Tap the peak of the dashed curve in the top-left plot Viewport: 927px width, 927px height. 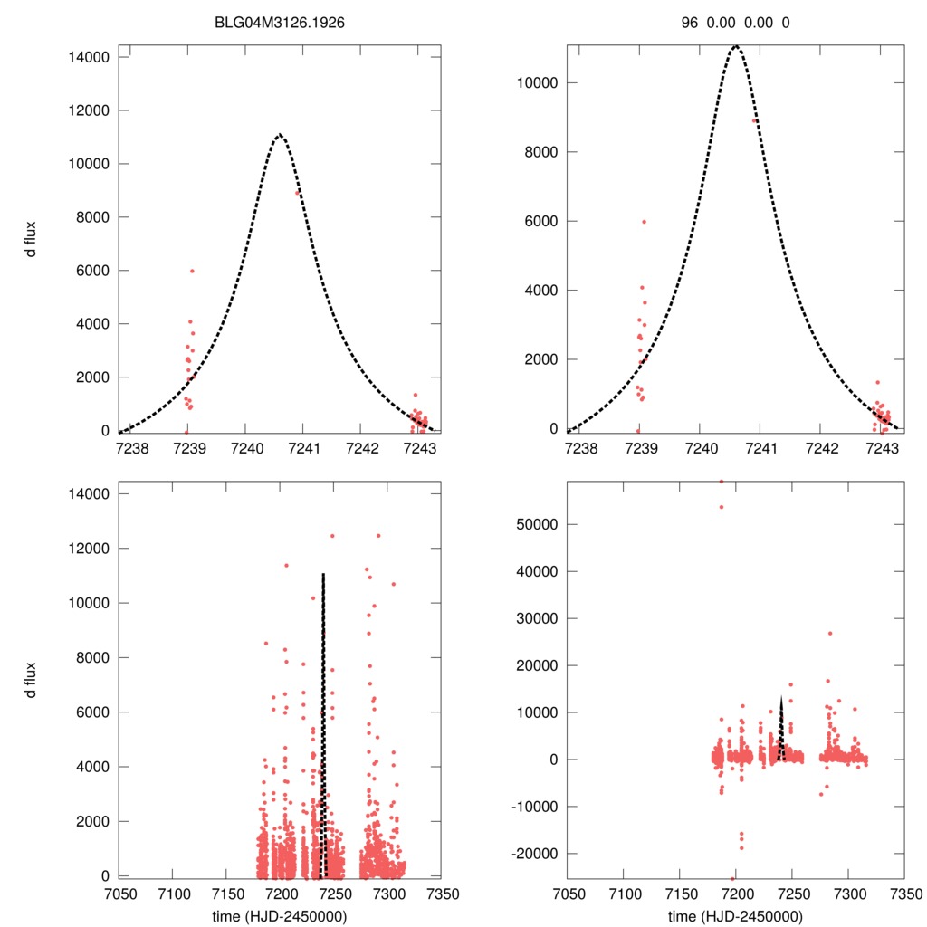click(x=280, y=135)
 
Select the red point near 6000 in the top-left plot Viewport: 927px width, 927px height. click(x=192, y=271)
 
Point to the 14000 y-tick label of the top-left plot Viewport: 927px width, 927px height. click(x=89, y=57)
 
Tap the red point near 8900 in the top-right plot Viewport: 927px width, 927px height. click(x=754, y=120)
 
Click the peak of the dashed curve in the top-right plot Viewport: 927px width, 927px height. click(x=736, y=46)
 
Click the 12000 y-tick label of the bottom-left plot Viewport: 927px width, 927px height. click(x=89, y=549)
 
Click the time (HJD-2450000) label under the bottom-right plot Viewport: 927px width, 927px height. click(x=735, y=916)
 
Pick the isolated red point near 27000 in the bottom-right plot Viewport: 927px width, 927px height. click(x=830, y=633)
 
